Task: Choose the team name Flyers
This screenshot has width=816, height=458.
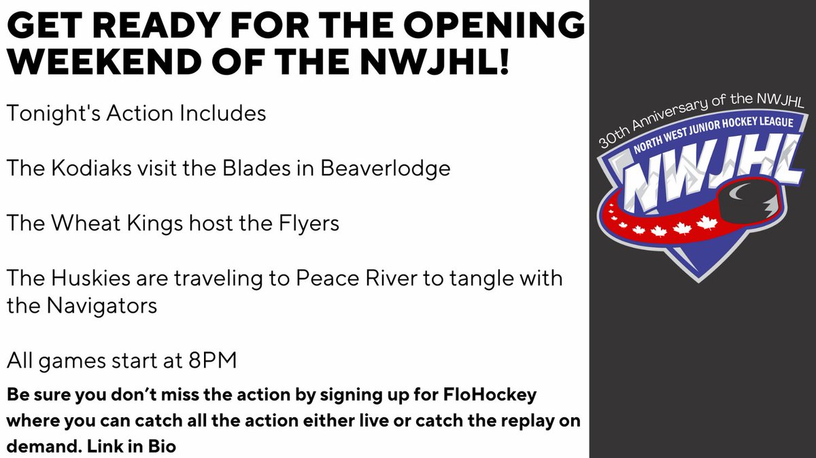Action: (304, 223)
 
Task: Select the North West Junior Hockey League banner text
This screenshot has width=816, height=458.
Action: (708, 136)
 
